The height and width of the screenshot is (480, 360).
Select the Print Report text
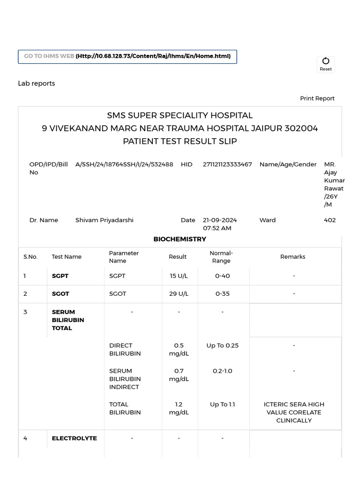point(317,98)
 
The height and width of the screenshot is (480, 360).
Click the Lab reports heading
point(37,83)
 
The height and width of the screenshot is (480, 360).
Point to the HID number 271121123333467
point(227,165)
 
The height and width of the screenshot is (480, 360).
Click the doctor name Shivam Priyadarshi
point(105,220)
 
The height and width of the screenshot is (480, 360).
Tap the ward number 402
point(330,220)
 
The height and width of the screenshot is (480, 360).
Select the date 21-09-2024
point(220,220)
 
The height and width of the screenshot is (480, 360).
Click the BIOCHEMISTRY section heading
point(180,239)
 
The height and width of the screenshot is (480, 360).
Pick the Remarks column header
point(293,257)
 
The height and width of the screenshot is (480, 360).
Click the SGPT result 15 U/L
point(179,276)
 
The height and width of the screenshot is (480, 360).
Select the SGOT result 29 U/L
point(179,294)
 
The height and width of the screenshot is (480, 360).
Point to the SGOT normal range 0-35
point(222,294)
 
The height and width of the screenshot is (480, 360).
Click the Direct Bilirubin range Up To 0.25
point(222,345)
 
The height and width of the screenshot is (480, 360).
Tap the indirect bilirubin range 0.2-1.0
point(222,371)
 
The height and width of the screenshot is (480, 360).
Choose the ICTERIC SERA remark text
point(294,412)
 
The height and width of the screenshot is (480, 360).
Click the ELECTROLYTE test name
point(75,438)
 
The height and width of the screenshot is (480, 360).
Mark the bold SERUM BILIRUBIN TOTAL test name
point(68,320)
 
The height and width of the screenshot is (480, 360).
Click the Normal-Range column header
point(221,257)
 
